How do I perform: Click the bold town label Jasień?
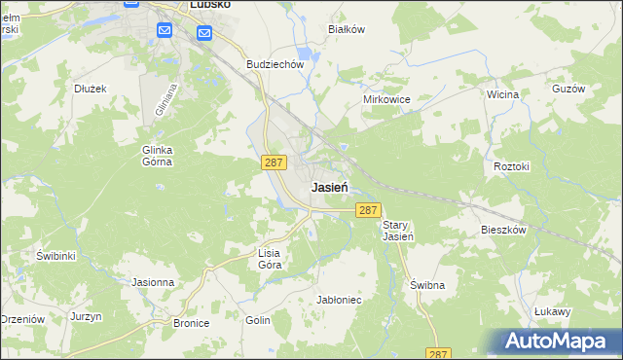[331, 187]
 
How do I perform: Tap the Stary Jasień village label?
[398, 231]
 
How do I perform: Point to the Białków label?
[347, 29]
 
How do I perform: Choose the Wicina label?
[502, 94]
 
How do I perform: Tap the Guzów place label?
[568, 88]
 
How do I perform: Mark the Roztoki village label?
[511, 166]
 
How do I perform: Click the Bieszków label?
[503, 231]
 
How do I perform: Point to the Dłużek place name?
[90, 88]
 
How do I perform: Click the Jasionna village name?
[153, 282]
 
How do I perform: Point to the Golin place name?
[258, 319]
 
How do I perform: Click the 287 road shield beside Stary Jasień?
[367, 210]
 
